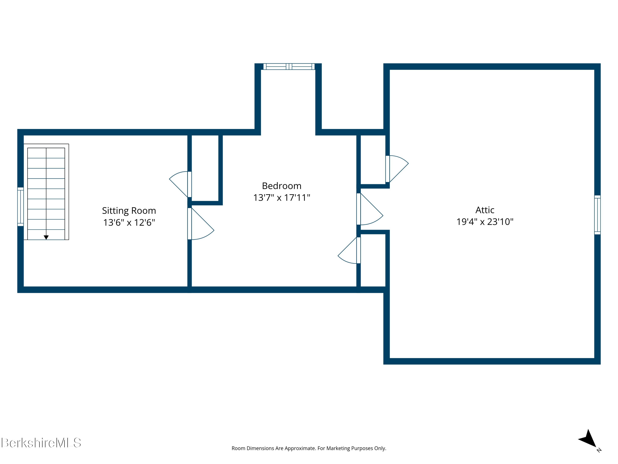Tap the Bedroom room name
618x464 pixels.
[282, 186]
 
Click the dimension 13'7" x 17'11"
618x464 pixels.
[282, 198]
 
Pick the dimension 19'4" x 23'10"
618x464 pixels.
[485, 222]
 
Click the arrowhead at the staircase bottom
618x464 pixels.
[46, 237]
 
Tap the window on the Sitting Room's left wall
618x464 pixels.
[20, 207]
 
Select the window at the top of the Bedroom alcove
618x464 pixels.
[289, 67]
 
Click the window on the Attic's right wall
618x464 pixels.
[597, 215]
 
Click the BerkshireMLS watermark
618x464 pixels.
[41, 443]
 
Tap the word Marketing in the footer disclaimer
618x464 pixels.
[338, 448]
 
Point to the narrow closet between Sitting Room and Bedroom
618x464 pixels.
[205, 168]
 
